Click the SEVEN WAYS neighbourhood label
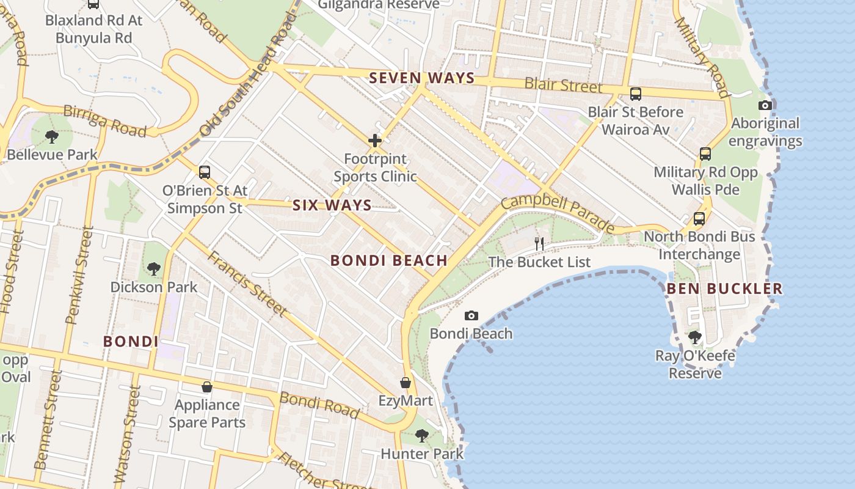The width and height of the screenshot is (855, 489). point(421,78)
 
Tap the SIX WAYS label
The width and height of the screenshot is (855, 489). point(332,205)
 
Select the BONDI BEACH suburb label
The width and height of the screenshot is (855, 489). point(389,260)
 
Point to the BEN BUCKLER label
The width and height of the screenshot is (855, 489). point(724,289)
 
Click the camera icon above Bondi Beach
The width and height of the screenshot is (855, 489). point(471,315)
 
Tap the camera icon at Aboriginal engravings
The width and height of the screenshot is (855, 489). point(765,105)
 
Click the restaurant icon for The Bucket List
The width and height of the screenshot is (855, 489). point(539,243)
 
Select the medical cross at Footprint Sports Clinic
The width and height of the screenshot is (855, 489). point(375,141)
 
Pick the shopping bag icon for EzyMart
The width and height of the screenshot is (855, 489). point(405,383)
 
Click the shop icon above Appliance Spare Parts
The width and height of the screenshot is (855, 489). point(207,387)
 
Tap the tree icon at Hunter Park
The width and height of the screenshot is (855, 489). point(421,435)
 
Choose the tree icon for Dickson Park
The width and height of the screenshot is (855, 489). point(154,268)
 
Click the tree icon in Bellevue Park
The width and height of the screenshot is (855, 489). point(52,136)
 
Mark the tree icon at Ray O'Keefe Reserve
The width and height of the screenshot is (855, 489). point(694,337)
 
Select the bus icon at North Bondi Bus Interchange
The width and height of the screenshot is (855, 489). point(699,218)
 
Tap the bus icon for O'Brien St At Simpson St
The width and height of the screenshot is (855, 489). point(205,172)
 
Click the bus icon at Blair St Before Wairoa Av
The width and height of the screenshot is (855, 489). point(635,94)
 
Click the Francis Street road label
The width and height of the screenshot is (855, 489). point(247,283)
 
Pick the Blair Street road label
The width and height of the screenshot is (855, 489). point(562,84)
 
